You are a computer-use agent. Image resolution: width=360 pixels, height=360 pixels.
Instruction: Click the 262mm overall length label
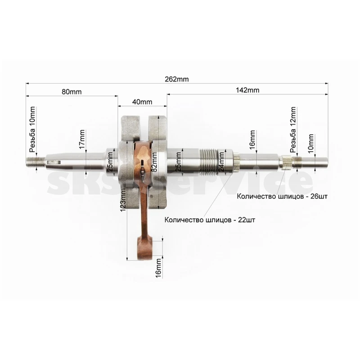pyautogui.click(x=176, y=79)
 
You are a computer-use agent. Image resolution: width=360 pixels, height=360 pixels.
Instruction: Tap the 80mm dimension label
pyautogui.click(x=72, y=92)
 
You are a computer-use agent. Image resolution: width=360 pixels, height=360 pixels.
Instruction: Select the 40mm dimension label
pyautogui.click(x=142, y=102)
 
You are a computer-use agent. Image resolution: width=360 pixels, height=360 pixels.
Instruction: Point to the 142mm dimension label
pyautogui.click(x=247, y=90)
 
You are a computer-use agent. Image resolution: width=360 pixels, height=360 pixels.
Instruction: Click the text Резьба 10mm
pyautogui.click(x=32, y=129)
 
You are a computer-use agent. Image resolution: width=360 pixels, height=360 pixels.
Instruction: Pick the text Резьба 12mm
pyautogui.click(x=293, y=130)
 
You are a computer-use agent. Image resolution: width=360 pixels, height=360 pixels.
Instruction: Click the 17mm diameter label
pyautogui.click(x=82, y=139)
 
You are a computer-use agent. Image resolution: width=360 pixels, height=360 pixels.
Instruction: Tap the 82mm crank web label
pyautogui.click(x=154, y=162)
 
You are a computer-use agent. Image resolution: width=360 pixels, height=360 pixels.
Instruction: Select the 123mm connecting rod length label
pyautogui.click(x=123, y=199)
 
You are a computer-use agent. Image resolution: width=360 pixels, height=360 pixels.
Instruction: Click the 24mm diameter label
pyautogui.click(x=221, y=162)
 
